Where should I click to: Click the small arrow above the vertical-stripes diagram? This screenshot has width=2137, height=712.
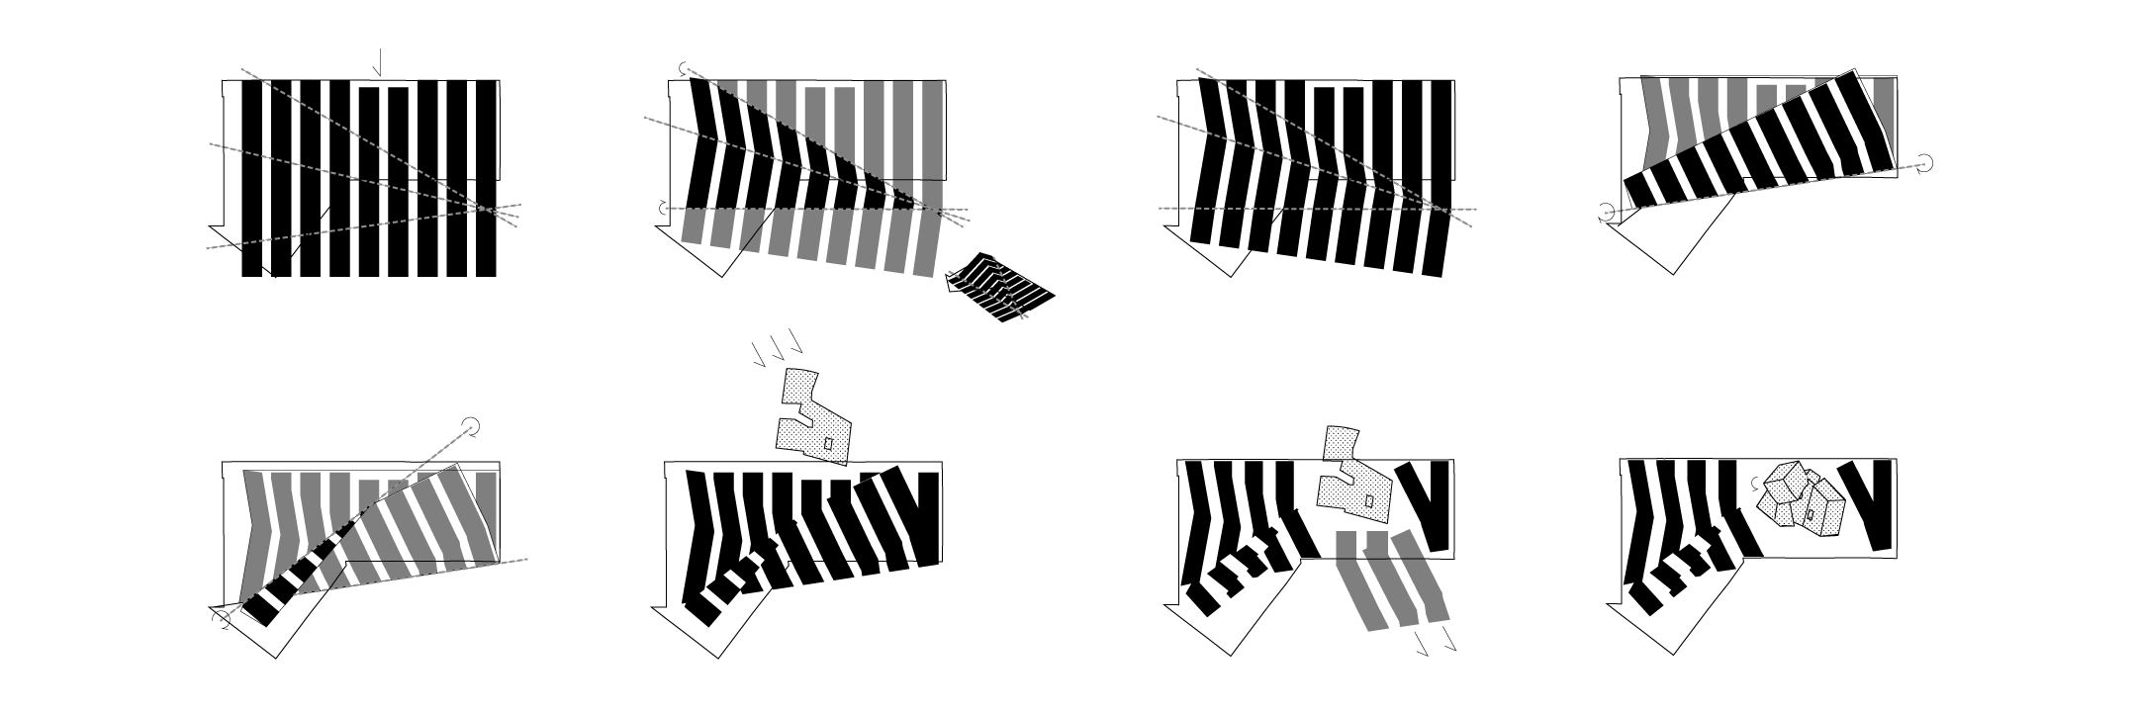(376, 64)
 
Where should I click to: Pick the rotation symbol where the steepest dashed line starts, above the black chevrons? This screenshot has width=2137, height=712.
(682, 68)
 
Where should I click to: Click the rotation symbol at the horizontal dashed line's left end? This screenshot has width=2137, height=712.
(664, 208)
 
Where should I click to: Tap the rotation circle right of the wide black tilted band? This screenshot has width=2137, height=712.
(1925, 163)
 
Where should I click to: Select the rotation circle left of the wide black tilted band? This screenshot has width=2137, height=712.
(1606, 212)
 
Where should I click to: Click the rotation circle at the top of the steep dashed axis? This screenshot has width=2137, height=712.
(473, 426)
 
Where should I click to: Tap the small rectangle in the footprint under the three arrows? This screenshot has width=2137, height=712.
(828, 444)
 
